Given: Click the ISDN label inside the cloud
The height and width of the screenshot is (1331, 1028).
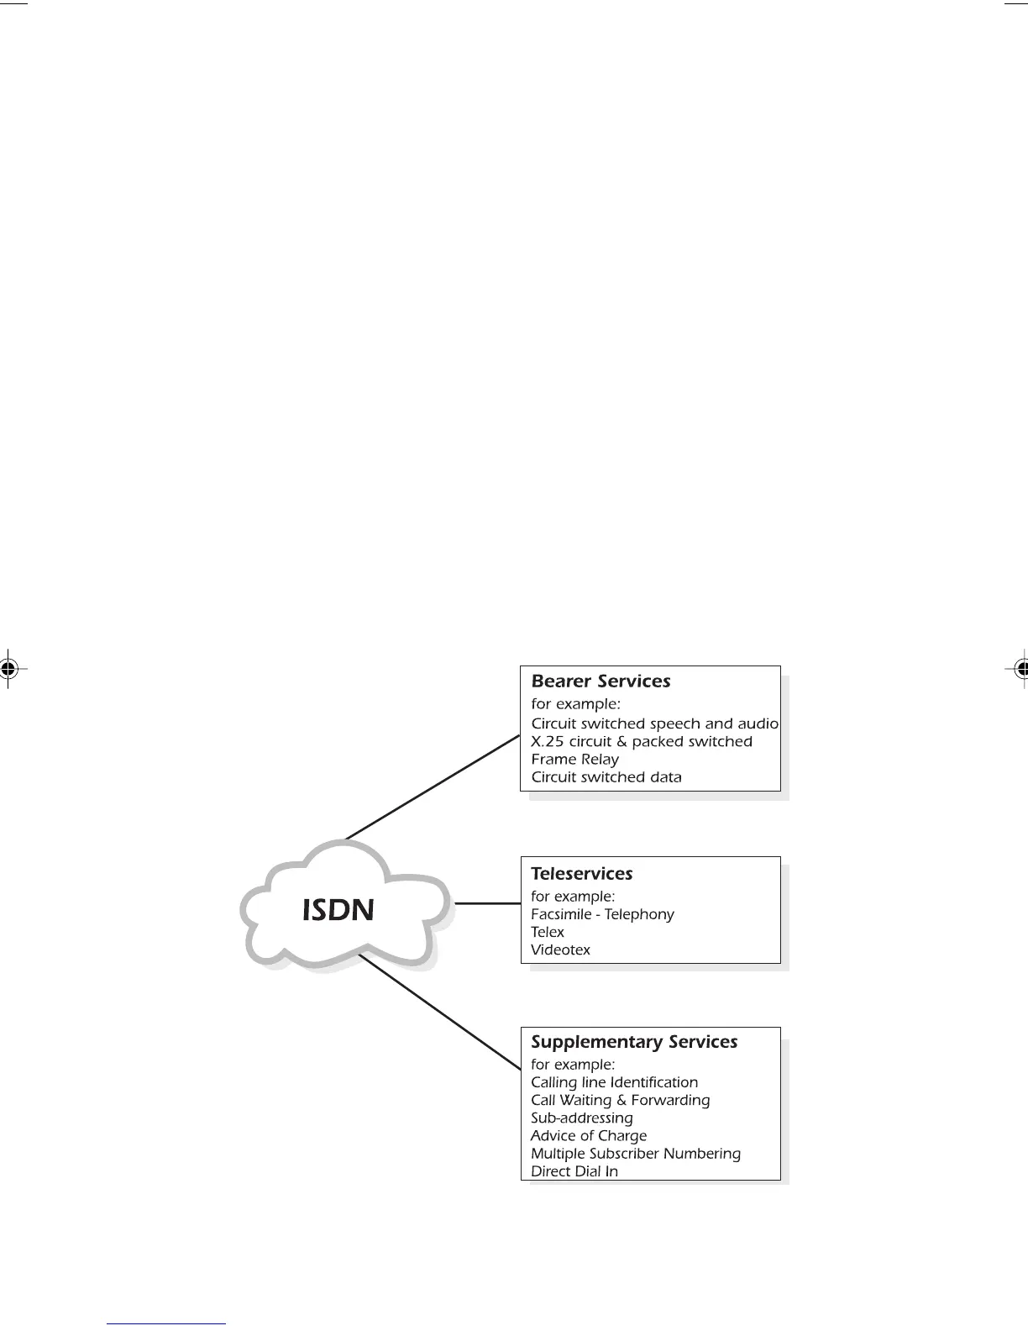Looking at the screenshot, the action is tap(338, 910).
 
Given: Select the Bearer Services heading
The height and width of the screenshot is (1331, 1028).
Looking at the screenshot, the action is tap(601, 681).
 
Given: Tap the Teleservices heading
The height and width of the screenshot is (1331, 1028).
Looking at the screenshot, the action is tap(581, 874).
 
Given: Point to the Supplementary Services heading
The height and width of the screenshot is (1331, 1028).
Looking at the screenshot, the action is tap(634, 1042).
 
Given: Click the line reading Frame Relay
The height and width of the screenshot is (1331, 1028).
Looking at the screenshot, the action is tap(574, 760).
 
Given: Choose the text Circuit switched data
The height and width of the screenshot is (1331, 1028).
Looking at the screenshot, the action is tap(606, 777).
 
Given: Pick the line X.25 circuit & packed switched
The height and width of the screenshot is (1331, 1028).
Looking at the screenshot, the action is tap(641, 742).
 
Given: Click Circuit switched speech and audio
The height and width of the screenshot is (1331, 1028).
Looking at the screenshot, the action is tap(654, 723).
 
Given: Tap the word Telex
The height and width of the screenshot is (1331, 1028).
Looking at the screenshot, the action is tap(547, 932).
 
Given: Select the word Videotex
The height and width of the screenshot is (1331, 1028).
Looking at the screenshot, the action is tap(560, 950).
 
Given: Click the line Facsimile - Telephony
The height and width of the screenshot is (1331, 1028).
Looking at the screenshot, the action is tap(602, 914).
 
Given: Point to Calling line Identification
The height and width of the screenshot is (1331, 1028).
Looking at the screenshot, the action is tap(614, 1082).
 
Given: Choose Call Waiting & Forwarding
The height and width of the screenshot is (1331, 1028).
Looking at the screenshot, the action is tap(620, 1100).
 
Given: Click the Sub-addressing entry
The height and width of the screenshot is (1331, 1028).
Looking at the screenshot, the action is tap(581, 1118).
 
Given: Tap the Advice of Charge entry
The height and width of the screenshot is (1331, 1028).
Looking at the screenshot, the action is tap(588, 1136).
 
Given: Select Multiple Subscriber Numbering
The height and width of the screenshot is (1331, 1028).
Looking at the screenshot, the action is tap(635, 1154).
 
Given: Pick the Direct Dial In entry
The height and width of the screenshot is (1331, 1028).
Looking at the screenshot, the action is tap(574, 1171).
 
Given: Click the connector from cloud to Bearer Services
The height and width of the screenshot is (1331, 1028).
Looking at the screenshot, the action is tap(433, 786).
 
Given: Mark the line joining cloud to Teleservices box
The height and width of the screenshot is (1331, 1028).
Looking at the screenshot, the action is tap(487, 903).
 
